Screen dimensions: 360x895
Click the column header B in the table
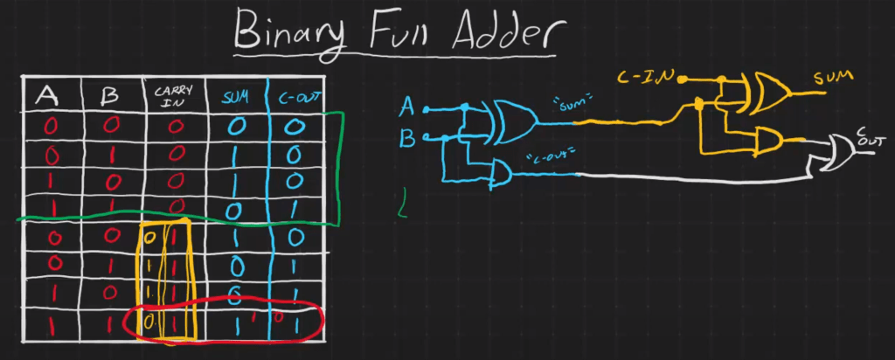click(x=110, y=95)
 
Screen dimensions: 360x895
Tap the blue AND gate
click(x=501, y=174)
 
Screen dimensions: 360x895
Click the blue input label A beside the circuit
click(x=406, y=108)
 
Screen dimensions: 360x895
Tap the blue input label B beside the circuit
click(x=406, y=137)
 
